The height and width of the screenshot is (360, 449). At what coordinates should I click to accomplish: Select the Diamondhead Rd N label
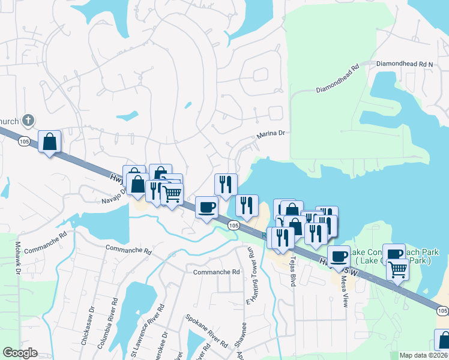(x=404, y=64)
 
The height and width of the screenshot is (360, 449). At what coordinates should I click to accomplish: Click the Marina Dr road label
(x=270, y=135)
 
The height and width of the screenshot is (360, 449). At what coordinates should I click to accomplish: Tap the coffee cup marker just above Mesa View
(x=339, y=256)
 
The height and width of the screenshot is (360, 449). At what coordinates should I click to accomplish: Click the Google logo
(x=20, y=353)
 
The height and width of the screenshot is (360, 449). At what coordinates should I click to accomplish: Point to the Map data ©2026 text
(x=423, y=355)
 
